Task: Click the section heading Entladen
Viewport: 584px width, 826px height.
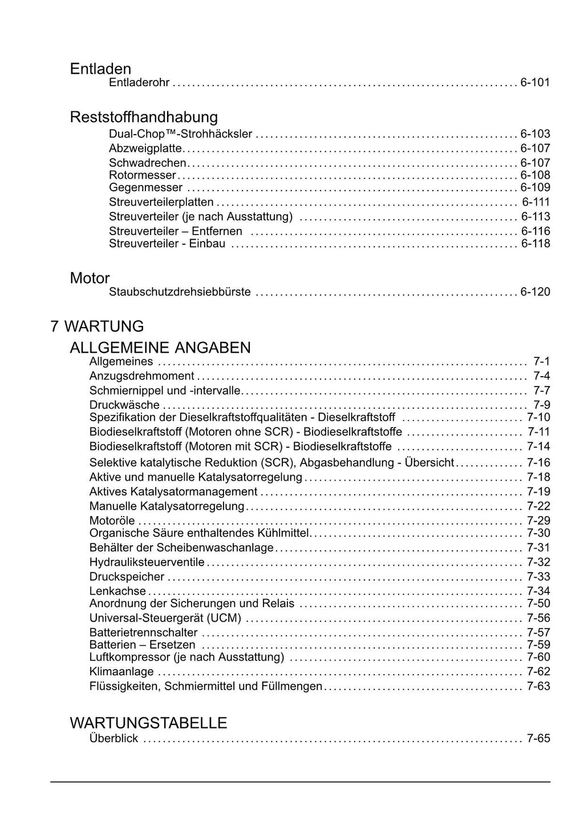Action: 100,69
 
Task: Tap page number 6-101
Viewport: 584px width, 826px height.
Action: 535,83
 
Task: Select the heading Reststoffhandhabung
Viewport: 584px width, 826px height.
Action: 144,117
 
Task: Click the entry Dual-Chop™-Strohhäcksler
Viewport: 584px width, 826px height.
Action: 180,134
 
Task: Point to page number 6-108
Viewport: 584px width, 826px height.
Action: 535,175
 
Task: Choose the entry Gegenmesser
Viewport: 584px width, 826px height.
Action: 145,188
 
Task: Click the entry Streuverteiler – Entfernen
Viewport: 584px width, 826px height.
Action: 175,231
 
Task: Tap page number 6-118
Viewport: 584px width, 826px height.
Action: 535,244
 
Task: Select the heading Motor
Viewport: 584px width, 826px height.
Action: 90,279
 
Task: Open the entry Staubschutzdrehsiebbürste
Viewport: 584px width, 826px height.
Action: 180,292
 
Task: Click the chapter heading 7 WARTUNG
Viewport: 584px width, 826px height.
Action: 97,327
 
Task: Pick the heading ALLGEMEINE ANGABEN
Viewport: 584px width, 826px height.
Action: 160,348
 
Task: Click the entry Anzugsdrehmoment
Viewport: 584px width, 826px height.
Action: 141,376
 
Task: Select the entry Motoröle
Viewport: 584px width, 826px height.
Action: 112,521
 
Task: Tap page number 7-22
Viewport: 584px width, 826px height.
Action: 538,506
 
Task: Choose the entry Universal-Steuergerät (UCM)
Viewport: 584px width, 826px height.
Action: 165,618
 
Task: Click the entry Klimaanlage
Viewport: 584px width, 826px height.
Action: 121,672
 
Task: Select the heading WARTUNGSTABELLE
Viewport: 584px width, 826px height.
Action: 148,723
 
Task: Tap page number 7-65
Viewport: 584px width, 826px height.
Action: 538,739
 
